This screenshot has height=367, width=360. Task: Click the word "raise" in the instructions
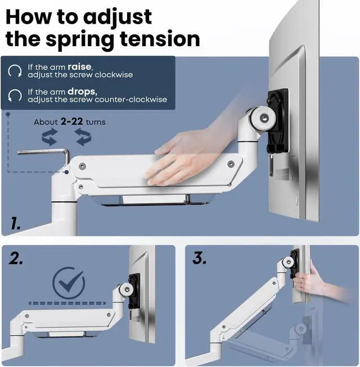point(79,67)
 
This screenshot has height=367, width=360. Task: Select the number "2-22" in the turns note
point(71,121)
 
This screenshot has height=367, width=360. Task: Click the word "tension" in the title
point(160,39)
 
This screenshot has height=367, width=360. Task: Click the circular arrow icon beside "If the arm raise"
point(15,71)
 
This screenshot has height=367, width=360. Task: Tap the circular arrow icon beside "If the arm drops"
point(15,95)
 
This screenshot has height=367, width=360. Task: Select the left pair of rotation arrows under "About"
point(49,137)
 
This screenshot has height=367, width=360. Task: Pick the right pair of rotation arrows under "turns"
point(83,137)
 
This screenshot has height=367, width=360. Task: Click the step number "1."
point(16,223)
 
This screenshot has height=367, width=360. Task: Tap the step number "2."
point(16,259)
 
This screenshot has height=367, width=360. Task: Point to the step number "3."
point(200,258)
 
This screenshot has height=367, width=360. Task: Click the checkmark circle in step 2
point(69,283)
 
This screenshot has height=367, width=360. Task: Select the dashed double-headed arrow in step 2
point(67,303)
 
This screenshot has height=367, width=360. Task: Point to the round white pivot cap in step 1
point(262,117)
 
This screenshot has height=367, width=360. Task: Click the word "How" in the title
point(29,17)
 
